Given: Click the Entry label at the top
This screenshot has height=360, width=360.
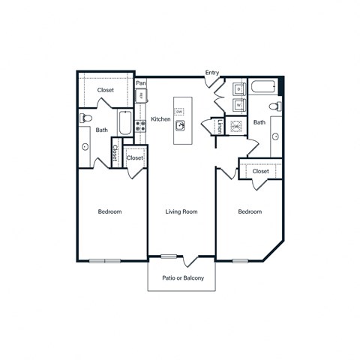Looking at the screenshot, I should pos(213,73).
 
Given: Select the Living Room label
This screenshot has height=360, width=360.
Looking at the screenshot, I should pos(181,212).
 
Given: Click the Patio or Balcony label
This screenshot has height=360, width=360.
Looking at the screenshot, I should pos(181,278).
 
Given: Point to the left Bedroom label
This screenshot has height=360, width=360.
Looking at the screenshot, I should pos(110,212).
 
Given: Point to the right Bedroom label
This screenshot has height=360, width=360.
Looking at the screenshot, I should pos(250,212).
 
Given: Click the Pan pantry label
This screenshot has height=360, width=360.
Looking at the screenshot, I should pos(140,83).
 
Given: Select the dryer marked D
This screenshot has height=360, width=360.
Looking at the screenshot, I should pos(239,89).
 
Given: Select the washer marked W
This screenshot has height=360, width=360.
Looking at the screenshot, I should pos(239,104).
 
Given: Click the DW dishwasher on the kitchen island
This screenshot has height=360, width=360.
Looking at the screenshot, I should pos(180,112).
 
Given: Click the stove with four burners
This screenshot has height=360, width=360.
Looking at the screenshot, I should pos(139,127).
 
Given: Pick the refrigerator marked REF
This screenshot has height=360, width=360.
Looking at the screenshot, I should pos(139,95).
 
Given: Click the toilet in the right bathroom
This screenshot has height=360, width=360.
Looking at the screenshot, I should pos(277,105).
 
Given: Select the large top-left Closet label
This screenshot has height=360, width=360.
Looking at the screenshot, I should pos(105,90).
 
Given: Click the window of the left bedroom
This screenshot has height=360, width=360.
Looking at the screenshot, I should pos(105,260).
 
